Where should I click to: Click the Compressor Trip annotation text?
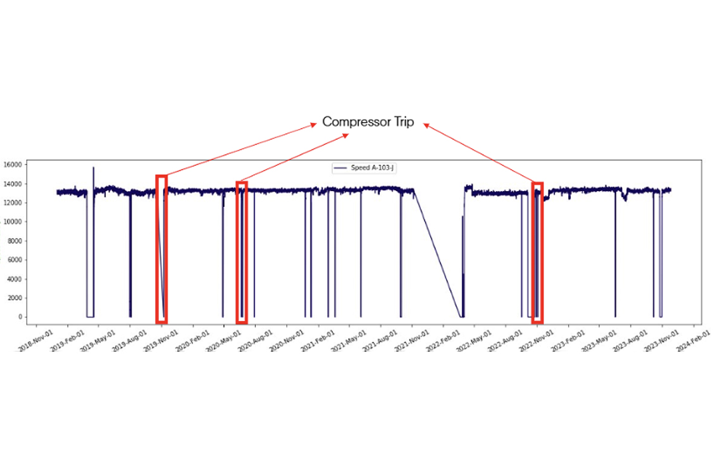click(x=368, y=122)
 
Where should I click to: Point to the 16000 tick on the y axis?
click(x=13, y=165)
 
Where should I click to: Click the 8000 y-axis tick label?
click(x=15, y=241)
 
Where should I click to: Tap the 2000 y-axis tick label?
click(x=15, y=298)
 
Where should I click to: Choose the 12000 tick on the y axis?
click(x=13, y=203)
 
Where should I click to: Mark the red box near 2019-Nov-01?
click(x=161, y=249)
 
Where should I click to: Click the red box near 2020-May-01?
click(x=241, y=252)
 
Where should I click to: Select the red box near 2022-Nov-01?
click(x=537, y=253)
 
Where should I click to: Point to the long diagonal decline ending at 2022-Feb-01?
click(x=437, y=253)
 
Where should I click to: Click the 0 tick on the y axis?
click(x=21, y=317)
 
